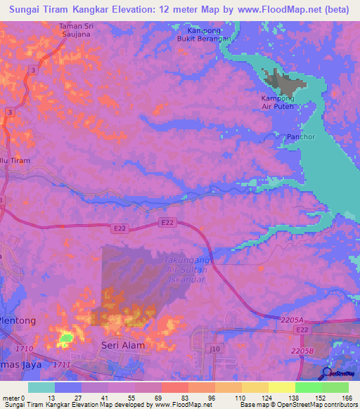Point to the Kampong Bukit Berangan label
tap(205, 35)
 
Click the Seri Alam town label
tap(122, 345)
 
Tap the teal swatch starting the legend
tap(41, 387)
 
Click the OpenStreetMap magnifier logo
tap(326, 375)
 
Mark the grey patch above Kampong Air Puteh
tap(283, 82)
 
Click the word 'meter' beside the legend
tap(11, 398)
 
